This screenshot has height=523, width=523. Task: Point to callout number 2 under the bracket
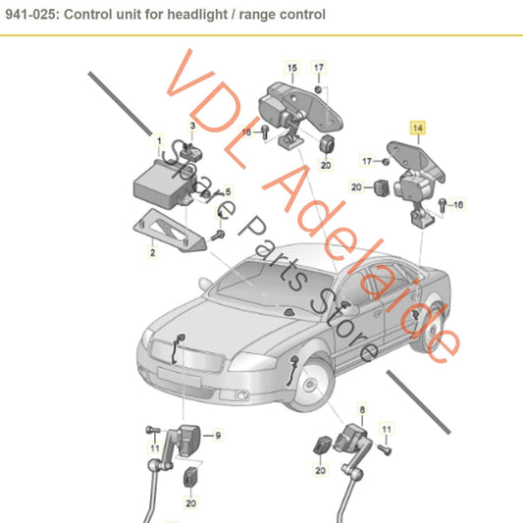tap(152, 252)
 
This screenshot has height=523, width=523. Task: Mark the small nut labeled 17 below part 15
tap(318, 86)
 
